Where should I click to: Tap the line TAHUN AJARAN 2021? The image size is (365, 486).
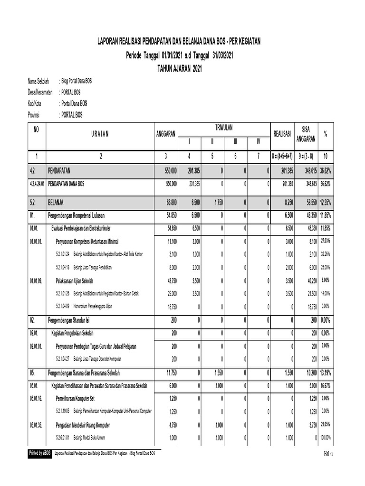point(179,69)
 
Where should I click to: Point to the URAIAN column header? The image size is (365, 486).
point(100,134)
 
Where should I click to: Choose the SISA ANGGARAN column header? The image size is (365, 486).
point(306,134)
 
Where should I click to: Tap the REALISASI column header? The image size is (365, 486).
point(281,134)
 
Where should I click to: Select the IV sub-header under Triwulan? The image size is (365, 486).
point(258,141)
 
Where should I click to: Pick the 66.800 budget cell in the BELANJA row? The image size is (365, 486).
point(171,202)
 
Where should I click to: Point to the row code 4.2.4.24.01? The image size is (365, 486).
point(37,183)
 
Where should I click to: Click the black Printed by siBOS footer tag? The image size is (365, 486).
point(40,454)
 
